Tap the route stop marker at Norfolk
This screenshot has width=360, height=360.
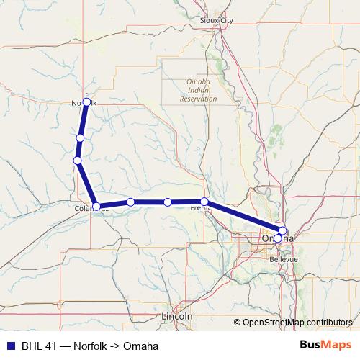tap(86, 102)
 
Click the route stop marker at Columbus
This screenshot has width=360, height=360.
tap(96, 207)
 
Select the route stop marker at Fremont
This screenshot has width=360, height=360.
tap(204, 202)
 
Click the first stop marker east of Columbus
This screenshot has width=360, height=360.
tap(130, 202)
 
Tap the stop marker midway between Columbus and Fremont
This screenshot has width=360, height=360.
tap(167, 202)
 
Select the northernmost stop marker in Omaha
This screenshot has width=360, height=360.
tap(282, 230)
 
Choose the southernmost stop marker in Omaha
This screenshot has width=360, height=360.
tap(278, 238)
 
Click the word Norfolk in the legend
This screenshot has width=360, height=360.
tap(92, 346)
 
